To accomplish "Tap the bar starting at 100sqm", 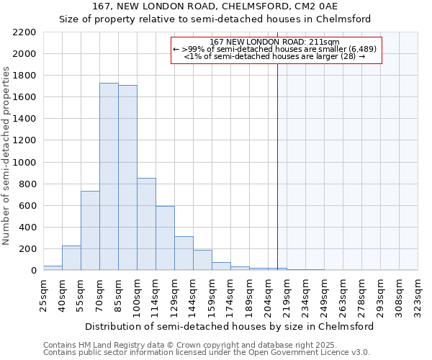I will pyautogui.click(x=146, y=224).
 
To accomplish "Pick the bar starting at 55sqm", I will pyautogui.click(x=90, y=230).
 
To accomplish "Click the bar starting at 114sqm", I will pyautogui.click(x=165, y=238).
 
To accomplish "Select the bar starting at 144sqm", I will pyautogui.click(x=202, y=260).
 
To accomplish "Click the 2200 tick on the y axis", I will pyautogui.click(x=24, y=32).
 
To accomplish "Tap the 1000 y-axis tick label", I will pyautogui.click(x=24, y=163).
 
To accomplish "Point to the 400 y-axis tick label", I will pyautogui.click(x=27, y=228).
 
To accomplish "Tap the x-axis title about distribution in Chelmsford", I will pyautogui.click(x=229, y=326).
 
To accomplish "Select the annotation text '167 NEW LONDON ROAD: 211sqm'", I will pyautogui.click(x=275, y=42).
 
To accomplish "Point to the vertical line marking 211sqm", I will pyautogui.click(x=277, y=166).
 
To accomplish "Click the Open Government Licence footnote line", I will pyautogui.click(x=206, y=353).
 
